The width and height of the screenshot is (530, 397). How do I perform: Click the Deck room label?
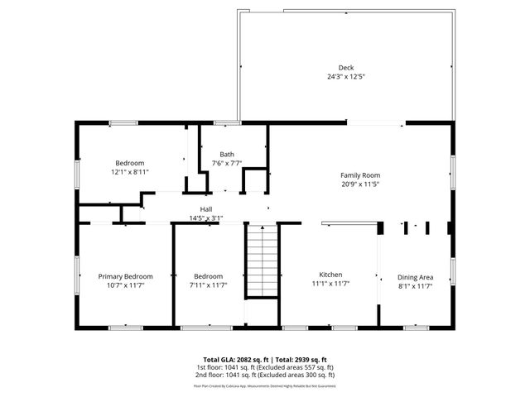[345, 68]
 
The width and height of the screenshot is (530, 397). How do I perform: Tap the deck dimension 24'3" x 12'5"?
[345, 77]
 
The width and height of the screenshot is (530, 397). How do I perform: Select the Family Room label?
[360, 175]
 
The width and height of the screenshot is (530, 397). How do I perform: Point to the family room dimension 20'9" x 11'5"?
[360, 184]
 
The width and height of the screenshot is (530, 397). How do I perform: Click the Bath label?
[226, 155]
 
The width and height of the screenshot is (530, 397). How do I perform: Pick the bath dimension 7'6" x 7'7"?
[226, 164]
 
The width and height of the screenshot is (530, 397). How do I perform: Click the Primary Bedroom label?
[125, 276]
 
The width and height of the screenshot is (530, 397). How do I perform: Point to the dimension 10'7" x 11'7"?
[125, 285]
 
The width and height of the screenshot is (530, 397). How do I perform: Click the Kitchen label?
[331, 275]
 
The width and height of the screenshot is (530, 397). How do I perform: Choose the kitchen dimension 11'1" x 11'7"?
[331, 284]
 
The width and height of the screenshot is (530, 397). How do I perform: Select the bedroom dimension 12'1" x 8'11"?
[130, 172]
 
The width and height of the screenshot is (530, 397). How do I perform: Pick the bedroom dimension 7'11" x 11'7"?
[209, 285]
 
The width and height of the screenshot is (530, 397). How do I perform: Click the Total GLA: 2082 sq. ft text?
[232, 360]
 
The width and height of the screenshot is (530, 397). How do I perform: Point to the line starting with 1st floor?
[264, 366]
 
